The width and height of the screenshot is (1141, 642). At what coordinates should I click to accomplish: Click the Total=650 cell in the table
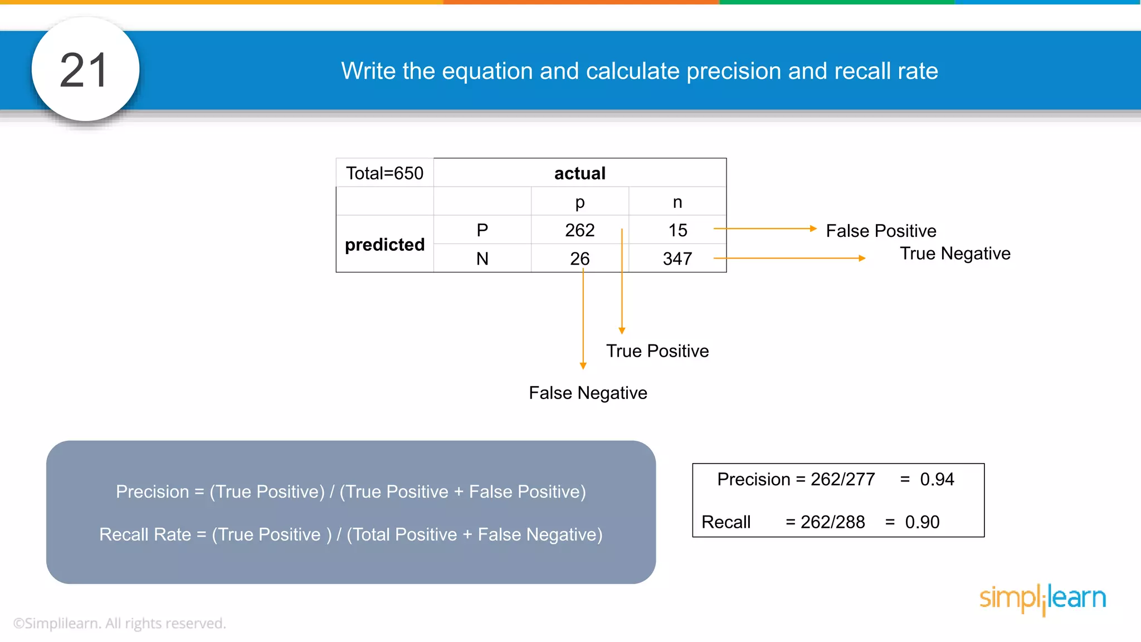384,173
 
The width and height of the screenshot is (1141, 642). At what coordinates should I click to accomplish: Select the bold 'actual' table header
579,173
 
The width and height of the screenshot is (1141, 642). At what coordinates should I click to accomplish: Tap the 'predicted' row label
384,245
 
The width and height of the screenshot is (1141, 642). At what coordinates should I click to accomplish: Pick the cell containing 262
579,230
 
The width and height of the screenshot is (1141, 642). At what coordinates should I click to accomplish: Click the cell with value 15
677,230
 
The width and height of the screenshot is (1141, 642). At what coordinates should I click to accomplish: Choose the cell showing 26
579,259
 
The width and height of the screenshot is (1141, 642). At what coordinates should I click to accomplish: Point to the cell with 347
677,259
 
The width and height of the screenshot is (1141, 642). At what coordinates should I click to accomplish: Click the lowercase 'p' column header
579,202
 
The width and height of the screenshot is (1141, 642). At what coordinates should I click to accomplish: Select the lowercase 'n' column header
677,202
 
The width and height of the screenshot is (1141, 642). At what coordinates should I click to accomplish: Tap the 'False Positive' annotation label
881,231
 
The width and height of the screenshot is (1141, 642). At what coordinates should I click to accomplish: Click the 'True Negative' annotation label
955,254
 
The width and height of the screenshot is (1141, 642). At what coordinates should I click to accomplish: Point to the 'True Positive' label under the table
657,351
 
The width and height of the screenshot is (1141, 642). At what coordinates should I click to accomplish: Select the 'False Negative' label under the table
588,393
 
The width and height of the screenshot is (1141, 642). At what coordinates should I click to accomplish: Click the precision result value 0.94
937,479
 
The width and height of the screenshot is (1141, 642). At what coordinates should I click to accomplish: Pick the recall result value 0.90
922,522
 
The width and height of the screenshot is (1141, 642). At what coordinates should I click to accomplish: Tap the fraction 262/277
842,479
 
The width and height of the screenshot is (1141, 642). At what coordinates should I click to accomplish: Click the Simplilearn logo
1042,599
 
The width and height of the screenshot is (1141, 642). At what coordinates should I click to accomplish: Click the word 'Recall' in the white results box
726,522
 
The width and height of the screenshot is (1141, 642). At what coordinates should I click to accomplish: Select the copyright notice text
120,623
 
